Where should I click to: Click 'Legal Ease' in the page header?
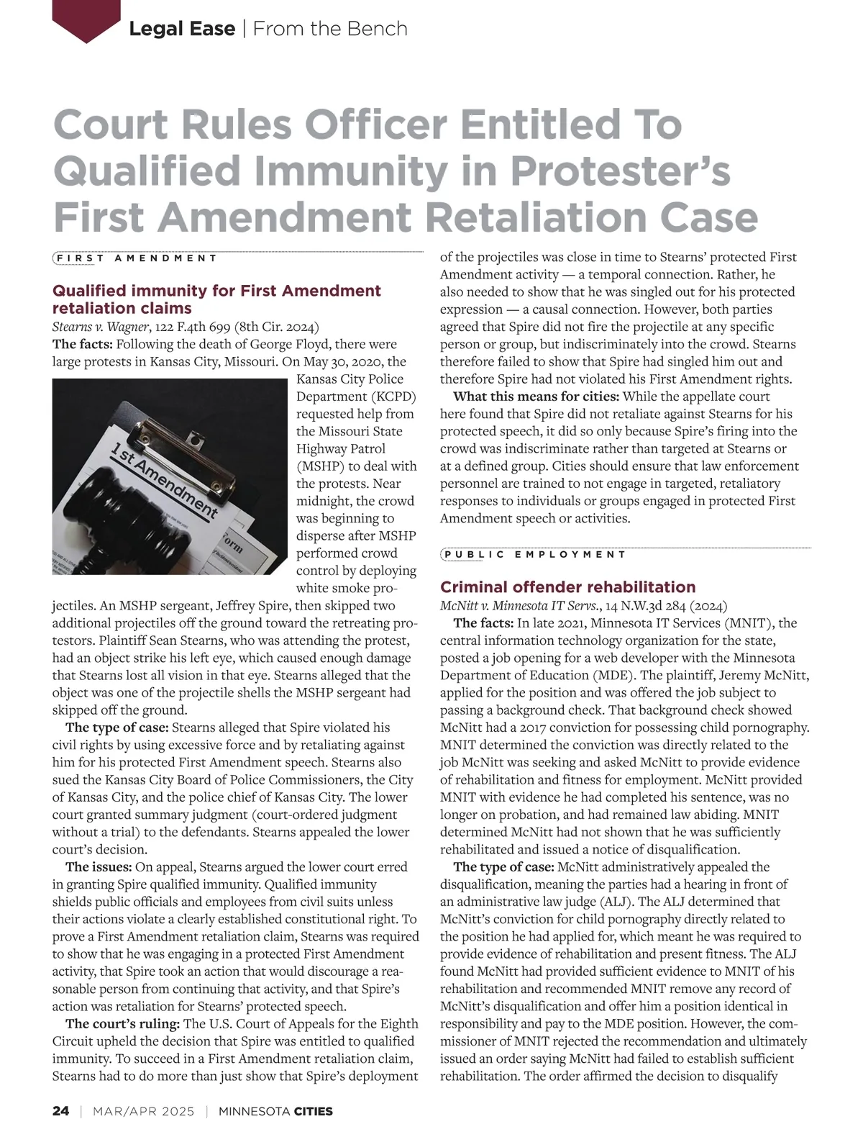(182, 29)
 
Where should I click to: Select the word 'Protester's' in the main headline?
(621, 171)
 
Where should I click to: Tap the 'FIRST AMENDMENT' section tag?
(135, 258)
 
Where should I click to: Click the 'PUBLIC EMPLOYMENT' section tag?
(534, 555)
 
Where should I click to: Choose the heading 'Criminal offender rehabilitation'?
(567, 586)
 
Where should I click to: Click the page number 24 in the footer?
(60, 1111)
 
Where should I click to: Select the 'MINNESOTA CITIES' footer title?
(275, 1111)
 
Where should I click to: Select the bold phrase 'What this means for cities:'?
(536, 397)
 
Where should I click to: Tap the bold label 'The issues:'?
(99, 866)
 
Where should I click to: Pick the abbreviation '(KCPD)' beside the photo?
(393, 397)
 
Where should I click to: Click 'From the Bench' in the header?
(330, 29)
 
